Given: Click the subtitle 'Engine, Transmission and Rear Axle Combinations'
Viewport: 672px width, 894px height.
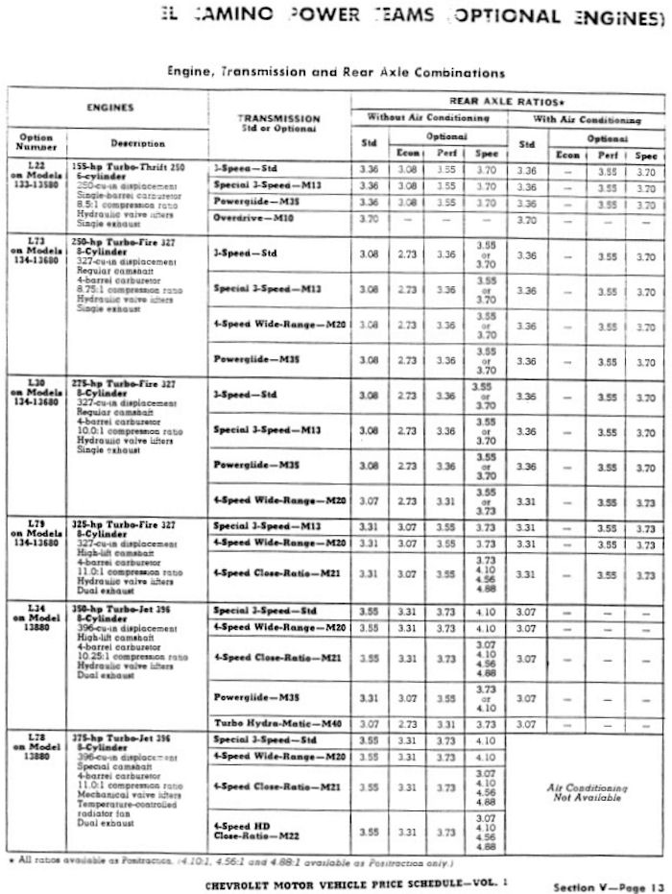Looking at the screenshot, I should (336, 72).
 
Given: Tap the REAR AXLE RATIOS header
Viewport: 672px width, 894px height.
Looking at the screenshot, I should (508, 100).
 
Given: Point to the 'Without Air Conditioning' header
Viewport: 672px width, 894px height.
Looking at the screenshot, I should (429, 118).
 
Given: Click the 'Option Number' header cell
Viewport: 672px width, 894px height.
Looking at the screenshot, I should (36, 142).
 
